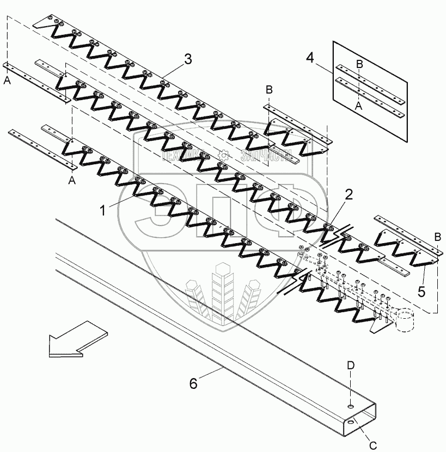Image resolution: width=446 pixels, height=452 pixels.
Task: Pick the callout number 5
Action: point(421,292)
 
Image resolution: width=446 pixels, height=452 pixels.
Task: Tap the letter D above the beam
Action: point(351,366)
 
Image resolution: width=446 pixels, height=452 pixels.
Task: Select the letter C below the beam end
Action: point(372,444)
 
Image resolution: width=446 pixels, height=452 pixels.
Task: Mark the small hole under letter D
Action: point(351,405)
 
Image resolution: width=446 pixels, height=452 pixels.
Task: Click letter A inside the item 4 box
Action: point(358,107)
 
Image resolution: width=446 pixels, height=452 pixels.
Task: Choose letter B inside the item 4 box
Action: point(358,64)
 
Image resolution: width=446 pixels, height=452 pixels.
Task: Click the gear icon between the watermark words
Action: point(223,155)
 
